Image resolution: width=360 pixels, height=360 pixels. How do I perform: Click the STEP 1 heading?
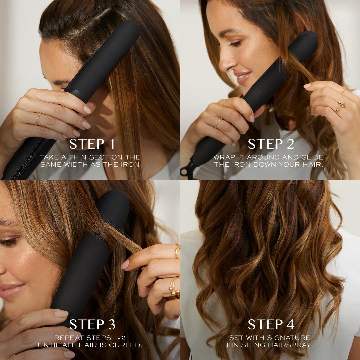92,144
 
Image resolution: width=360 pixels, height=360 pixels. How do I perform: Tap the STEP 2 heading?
271,144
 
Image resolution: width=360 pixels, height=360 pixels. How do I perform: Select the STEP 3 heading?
92,324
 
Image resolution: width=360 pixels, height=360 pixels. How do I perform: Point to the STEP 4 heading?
271,324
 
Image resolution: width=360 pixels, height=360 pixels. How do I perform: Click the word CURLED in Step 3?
127,345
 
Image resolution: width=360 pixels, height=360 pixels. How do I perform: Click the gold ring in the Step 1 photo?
38,118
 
